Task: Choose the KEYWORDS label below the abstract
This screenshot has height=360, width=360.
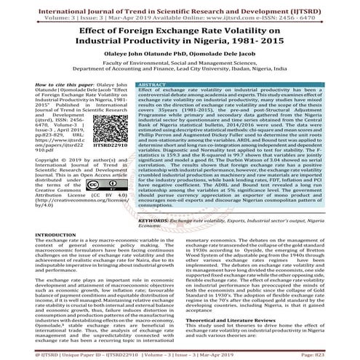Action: [136, 260]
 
